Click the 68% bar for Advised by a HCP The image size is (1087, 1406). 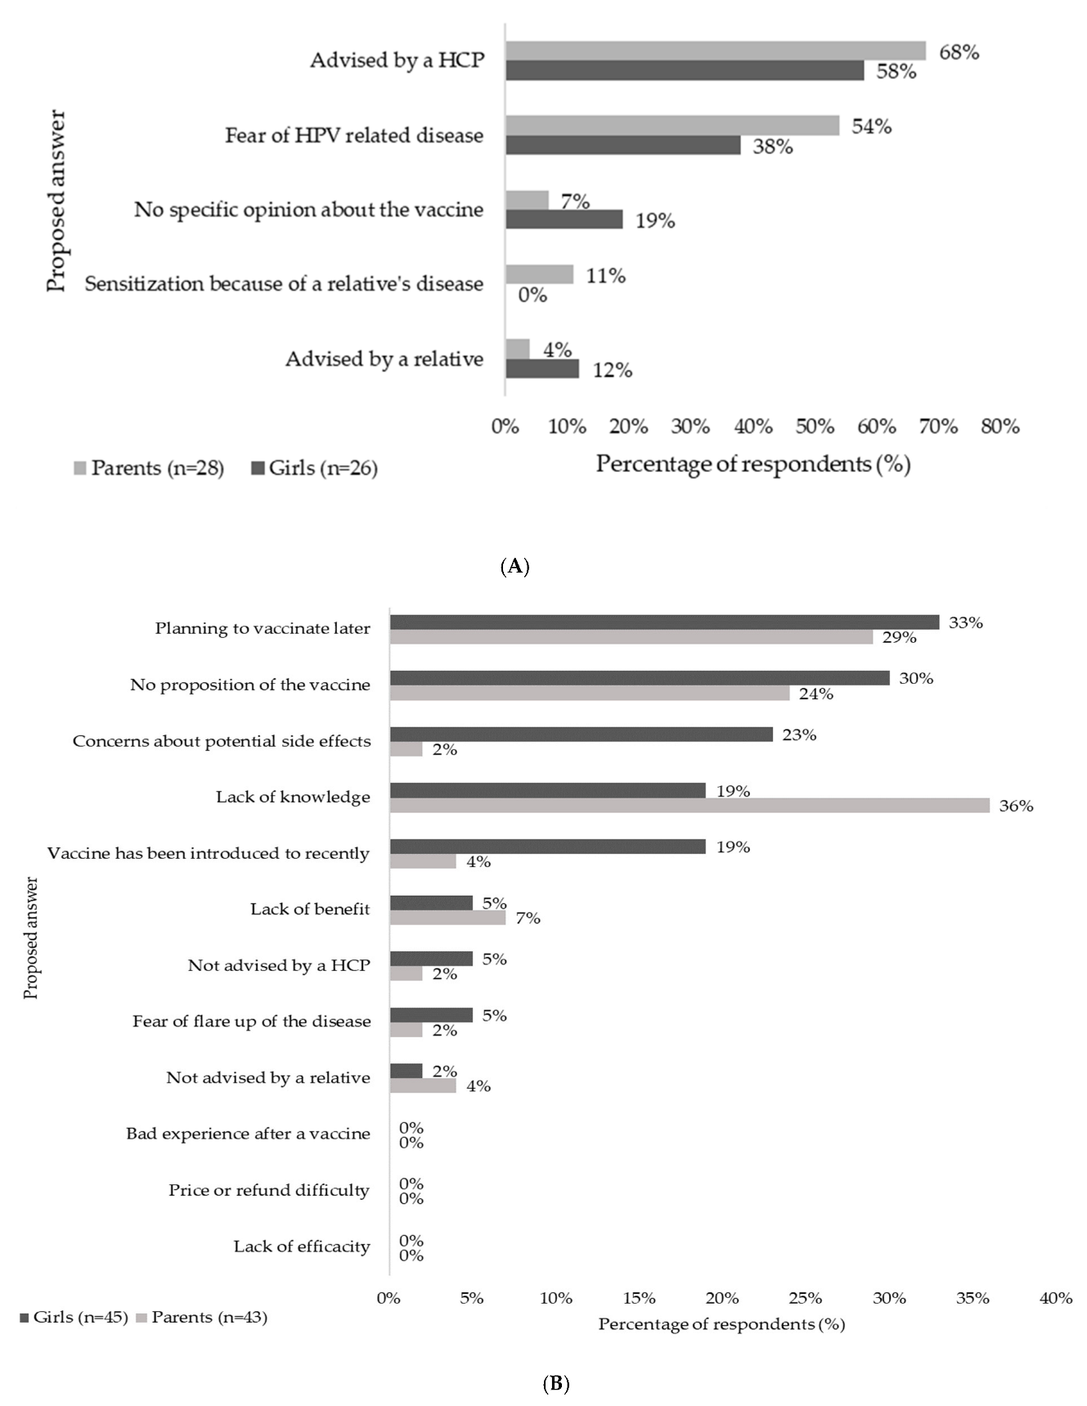click(716, 51)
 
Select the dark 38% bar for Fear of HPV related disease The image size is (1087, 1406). click(623, 146)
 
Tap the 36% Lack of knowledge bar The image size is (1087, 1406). click(689, 806)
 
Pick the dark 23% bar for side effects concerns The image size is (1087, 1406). click(582, 734)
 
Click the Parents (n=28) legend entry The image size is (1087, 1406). click(149, 469)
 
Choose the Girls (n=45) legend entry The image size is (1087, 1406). click(74, 1317)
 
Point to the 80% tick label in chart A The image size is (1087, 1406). click(999, 426)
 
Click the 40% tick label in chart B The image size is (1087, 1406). click(1055, 1298)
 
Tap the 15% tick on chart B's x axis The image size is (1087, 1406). click(639, 1298)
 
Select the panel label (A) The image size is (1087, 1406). click(514, 566)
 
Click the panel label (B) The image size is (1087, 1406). click(556, 1383)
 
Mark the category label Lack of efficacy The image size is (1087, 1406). click(302, 1247)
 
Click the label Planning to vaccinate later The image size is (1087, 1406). click(263, 629)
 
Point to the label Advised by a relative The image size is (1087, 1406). click(384, 359)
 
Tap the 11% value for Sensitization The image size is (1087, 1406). click(605, 276)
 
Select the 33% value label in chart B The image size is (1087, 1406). click(965, 622)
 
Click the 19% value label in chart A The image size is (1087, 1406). click(654, 221)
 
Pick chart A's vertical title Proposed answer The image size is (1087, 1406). click(56, 201)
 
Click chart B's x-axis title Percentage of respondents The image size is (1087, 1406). click(721, 1324)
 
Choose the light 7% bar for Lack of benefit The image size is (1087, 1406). click(447, 918)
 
